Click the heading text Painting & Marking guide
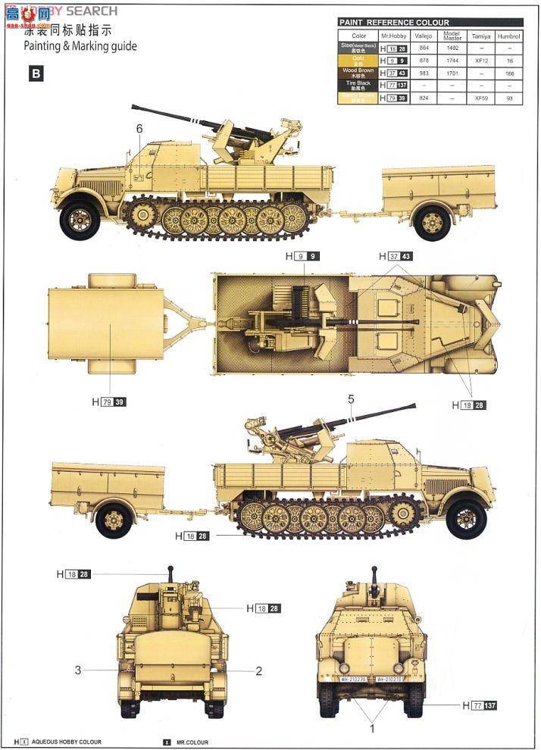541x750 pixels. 80,46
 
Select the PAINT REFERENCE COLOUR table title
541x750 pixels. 394,23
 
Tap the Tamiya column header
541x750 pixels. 480,36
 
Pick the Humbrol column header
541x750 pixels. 509,36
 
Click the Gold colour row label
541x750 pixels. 358,60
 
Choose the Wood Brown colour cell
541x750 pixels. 358,72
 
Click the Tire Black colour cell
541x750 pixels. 358,85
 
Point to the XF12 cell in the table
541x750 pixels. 480,60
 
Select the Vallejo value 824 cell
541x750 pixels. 424,98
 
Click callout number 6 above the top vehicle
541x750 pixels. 139,129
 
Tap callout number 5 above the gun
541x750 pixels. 351,398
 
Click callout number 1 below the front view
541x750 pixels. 371,728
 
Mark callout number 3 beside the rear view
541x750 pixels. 77,670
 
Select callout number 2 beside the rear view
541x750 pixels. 258,670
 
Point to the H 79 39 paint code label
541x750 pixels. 109,402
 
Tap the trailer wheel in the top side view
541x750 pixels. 433,223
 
